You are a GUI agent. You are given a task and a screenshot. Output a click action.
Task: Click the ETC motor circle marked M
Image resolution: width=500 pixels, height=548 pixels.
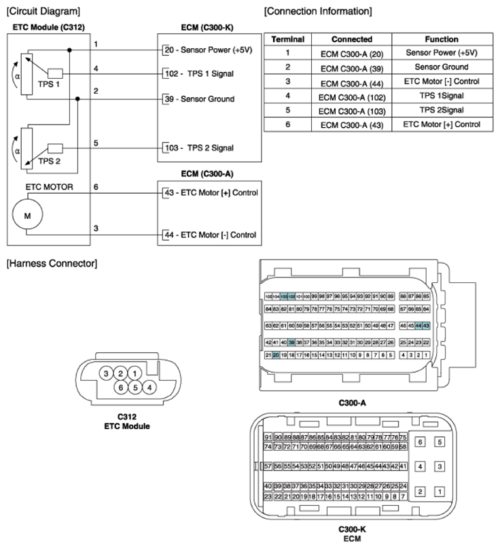28,215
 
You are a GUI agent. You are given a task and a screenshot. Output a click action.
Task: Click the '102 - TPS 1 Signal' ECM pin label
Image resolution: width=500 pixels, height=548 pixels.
202,73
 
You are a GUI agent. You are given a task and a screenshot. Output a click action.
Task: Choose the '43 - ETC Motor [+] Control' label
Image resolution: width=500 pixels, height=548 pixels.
211,192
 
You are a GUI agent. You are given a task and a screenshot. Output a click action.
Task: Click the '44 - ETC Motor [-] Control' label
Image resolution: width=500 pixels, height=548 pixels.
211,235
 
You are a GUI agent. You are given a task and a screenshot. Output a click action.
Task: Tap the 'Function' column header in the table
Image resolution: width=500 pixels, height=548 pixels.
441,39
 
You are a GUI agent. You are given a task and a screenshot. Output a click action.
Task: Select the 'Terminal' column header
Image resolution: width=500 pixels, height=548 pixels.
287,39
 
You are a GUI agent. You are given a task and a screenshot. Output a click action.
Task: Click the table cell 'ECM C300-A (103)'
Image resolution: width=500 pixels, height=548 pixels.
352,110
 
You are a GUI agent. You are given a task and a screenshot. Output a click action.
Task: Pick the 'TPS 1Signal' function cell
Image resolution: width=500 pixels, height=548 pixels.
441,96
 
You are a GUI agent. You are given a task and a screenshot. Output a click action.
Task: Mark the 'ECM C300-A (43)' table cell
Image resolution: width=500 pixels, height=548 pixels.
352,125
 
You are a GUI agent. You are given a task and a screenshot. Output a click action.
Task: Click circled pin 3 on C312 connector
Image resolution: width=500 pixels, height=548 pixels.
106,373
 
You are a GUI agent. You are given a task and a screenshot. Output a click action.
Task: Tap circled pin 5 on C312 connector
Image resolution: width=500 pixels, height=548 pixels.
135,388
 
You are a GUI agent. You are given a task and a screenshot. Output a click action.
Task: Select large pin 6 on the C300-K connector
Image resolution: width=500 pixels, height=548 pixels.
420,442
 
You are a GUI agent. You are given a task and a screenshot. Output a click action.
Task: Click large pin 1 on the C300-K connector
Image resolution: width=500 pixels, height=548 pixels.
440,491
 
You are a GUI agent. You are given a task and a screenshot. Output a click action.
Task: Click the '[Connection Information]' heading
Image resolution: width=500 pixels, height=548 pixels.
317,12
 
